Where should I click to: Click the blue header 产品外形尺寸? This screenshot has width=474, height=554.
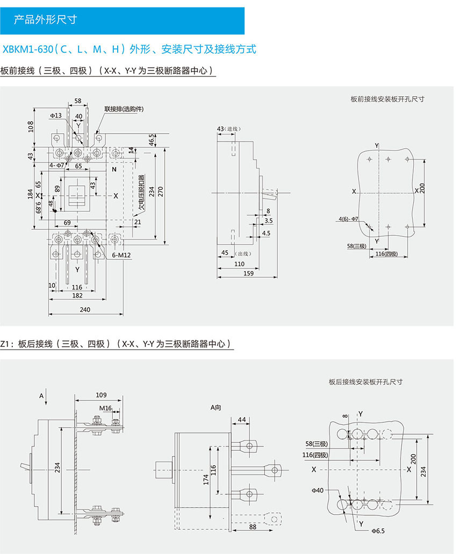click(45, 20)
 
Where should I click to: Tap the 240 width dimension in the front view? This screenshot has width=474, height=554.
click(85, 309)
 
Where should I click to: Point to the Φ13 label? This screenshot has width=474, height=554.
click(56, 116)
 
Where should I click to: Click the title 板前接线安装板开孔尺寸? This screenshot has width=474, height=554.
click(387, 99)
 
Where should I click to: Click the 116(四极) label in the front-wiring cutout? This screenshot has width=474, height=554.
click(386, 253)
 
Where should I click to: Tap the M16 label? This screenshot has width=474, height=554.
click(105, 408)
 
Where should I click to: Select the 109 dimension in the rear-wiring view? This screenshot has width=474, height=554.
click(100, 395)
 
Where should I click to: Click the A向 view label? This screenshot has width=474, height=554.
click(216, 408)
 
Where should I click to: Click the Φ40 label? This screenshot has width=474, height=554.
click(318, 490)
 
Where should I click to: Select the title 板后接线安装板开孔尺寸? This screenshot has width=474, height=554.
click(366, 381)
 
